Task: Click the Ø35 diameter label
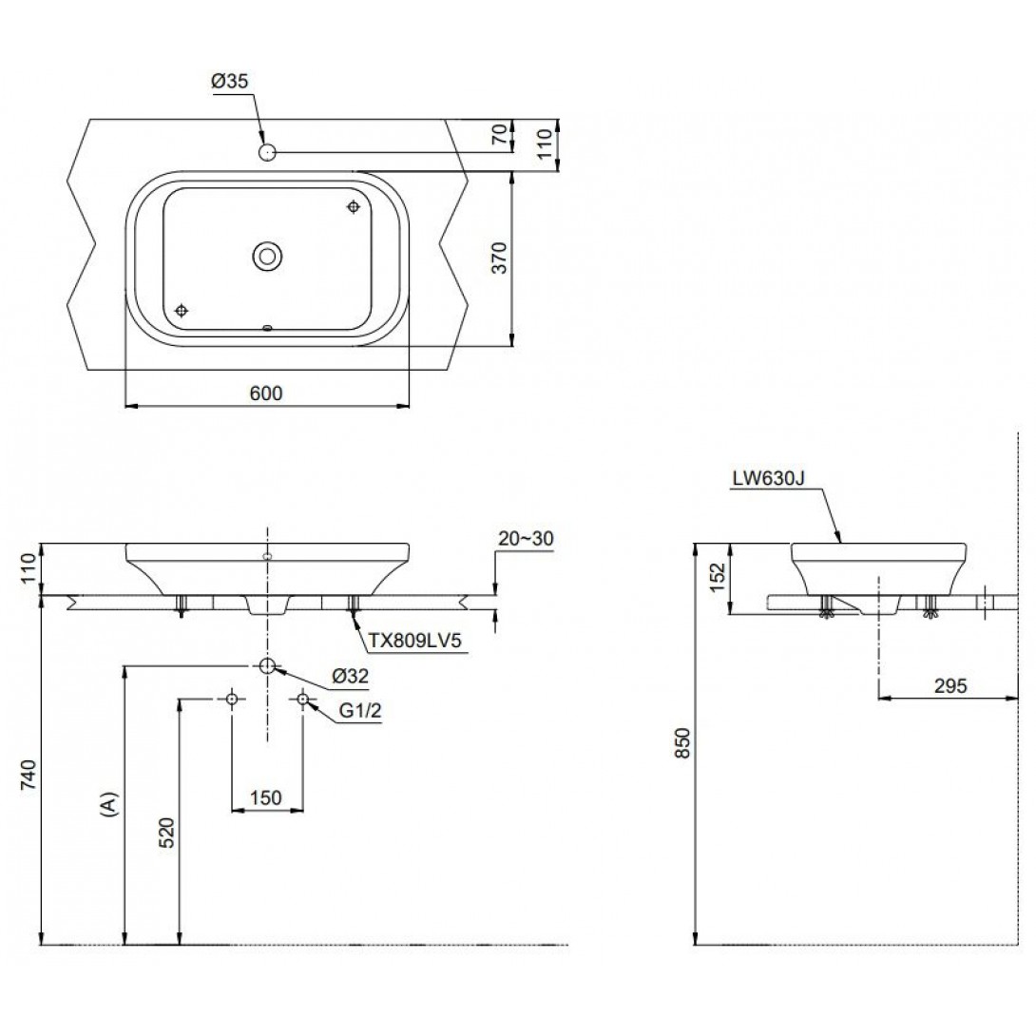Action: click(x=229, y=82)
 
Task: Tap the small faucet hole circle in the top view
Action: click(x=267, y=153)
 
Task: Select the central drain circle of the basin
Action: click(x=267, y=255)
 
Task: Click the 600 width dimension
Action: click(x=266, y=393)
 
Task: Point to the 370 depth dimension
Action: click(x=500, y=258)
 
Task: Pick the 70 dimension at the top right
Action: click(x=501, y=135)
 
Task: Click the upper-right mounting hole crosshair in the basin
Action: click(x=355, y=207)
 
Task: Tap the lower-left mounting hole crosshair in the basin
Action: click(x=181, y=311)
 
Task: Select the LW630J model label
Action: click(x=768, y=478)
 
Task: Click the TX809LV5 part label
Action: click(x=414, y=641)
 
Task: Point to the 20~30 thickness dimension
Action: click(x=526, y=539)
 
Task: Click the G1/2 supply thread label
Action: click(x=360, y=710)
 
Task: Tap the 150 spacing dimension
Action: click(x=265, y=798)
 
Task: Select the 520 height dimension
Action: click(x=167, y=833)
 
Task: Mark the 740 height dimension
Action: click(x=28, y=777)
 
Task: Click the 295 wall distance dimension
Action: click(x=950, y=686)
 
